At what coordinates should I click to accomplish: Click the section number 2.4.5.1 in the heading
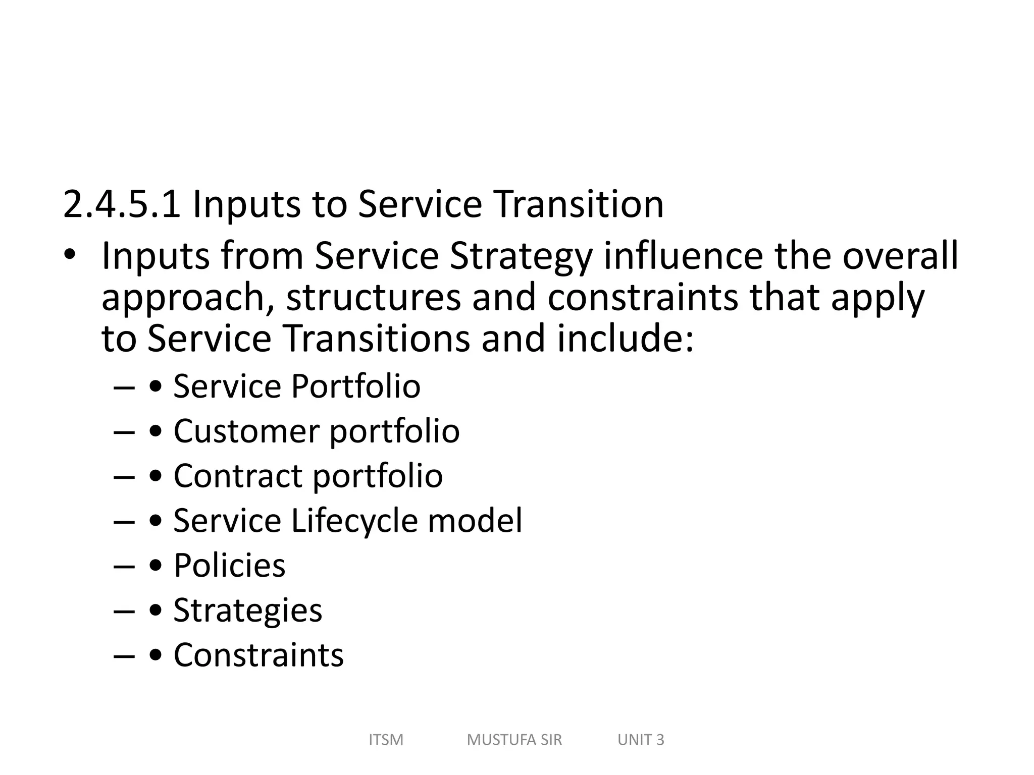(122, 204)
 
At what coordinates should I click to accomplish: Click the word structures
(373, 298)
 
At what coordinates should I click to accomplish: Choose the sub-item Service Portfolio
(297, 386)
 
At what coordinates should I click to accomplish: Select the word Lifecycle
(354, 521)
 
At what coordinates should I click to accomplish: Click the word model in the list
(475, 521)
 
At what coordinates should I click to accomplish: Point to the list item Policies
(229, 566)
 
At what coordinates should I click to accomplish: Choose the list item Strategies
(247, 611)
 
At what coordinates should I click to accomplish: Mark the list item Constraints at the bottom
(258, 655)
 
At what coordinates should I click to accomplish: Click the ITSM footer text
(386, 740)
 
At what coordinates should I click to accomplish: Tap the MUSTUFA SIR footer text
(514, 740)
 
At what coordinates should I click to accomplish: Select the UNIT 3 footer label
(641, 740)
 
